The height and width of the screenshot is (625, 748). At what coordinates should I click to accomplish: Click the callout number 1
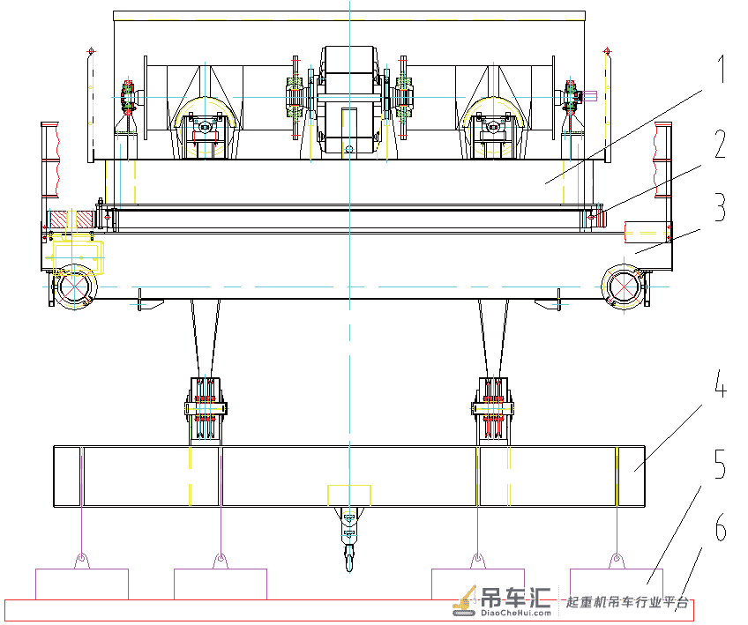[722, 69]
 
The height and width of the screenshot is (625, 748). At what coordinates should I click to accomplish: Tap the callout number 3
[721, 207]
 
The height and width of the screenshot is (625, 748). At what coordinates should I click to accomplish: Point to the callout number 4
[721, 383]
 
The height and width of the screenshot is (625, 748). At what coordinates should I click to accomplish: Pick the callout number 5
[721, 464]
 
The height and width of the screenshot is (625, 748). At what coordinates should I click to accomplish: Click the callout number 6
[721, 527]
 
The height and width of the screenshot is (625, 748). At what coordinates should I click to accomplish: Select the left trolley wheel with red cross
[75, 287]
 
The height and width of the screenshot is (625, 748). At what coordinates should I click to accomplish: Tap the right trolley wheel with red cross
[624, 287]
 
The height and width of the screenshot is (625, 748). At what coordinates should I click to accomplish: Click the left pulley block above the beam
[206, 408]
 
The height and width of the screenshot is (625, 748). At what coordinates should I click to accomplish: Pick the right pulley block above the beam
[493, 408]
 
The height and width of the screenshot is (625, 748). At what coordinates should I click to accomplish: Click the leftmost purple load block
[82, 584]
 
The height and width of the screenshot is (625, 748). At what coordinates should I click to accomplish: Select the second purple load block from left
[221, 584]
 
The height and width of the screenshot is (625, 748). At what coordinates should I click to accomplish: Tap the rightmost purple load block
[617, 584]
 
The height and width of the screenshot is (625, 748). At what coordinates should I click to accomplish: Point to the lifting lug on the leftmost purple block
[82, 560]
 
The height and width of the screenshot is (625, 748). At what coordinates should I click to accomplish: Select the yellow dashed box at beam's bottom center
[349, 495]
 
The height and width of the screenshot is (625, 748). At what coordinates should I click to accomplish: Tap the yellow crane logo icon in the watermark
[465, 600]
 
